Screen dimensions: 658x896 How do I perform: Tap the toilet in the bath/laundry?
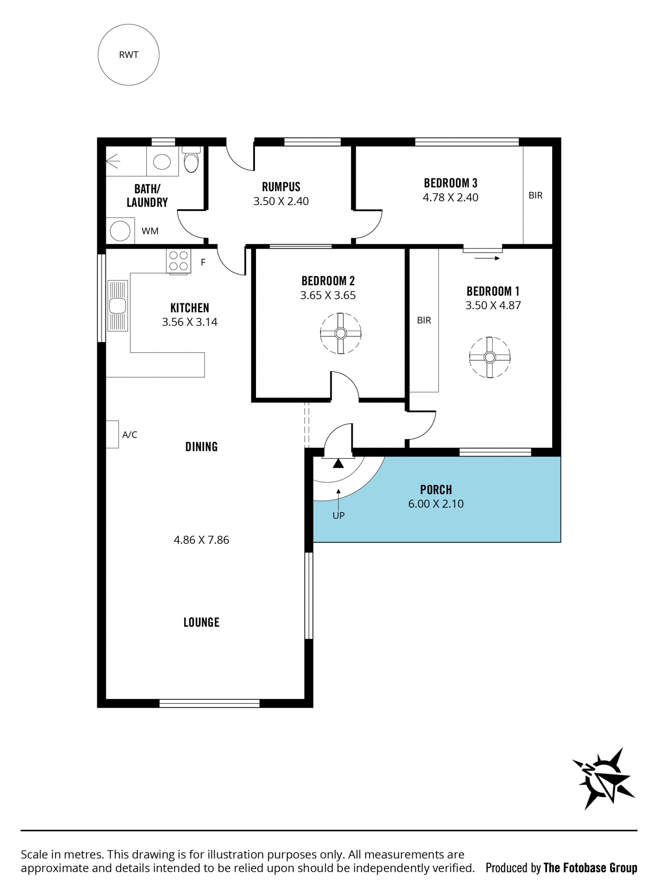click(x=191, y=159)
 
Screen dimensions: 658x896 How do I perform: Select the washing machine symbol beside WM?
click(x=120, y=231)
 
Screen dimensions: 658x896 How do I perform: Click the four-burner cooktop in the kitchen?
click(x=179, y=261)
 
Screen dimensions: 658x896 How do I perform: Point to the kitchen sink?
click(x=117, y=306)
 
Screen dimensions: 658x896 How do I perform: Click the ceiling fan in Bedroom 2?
click(x=341, y=333)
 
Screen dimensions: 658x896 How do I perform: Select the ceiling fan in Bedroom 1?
click(x=489, y=357)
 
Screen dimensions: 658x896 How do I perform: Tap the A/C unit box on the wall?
click(x=112, y=434)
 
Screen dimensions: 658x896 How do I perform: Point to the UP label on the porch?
click(x=339, y=516)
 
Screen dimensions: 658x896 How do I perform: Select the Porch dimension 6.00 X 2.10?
click(x=436, y=504)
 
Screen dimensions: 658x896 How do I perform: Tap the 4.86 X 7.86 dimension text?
click(x=201, y=540)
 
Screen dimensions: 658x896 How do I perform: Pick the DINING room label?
click(x=202, y=446)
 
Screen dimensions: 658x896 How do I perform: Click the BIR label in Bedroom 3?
click(x=535, y=195)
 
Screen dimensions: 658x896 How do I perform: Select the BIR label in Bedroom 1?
click(x=424, y=320)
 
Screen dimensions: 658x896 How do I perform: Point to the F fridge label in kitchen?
click(x=203, y=262)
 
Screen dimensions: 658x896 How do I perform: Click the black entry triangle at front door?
click(x=338, y=463)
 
